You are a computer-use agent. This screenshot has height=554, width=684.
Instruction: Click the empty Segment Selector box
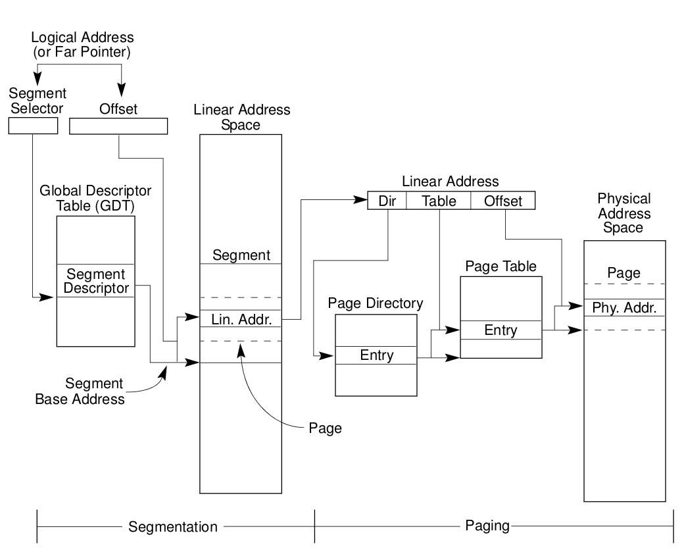(33, 126)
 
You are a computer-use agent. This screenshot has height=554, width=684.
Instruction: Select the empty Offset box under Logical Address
(118, 126)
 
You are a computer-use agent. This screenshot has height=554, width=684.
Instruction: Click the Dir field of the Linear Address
(387, 201)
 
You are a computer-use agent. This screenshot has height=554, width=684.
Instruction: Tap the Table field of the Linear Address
(439, 201)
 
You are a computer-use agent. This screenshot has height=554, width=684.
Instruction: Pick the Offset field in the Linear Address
(503, 201)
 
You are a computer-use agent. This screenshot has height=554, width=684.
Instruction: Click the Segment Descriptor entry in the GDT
(96, 281)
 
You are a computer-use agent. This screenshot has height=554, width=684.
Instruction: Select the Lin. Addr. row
(241, 319)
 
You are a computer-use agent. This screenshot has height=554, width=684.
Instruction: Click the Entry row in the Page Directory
(376, 355)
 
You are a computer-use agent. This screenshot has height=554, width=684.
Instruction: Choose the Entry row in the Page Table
(501, 330)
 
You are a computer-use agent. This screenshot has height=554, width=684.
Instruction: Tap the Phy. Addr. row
(624, 308)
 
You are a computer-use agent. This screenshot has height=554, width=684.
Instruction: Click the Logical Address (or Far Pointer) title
(82, 44)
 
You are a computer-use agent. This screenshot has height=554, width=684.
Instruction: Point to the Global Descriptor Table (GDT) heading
(96, 197)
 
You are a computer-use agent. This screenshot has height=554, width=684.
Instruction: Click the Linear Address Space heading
(241, 116)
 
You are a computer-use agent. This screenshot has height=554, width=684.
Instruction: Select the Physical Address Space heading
(624, 213)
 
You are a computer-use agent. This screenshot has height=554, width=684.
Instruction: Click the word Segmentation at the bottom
(172, 527)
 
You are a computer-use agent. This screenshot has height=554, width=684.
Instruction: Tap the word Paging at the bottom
(487, 526)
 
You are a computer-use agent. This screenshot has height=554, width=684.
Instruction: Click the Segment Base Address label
(80, 391)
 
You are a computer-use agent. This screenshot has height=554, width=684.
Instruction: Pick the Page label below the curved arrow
(325, 428)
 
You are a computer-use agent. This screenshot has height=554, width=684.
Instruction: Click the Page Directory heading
(376, 304)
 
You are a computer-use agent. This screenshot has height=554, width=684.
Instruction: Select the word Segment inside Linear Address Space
(241, 255)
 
